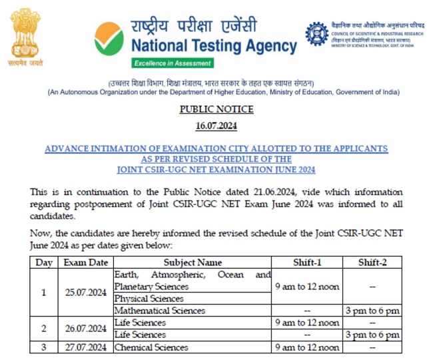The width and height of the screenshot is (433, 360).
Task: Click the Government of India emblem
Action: click(26, 33)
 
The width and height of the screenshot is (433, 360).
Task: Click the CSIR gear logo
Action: click(316, 33)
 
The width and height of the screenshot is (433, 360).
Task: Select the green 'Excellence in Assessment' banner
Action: click(173, 63)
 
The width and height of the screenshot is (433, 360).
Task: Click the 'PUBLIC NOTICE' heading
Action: click(217, 109)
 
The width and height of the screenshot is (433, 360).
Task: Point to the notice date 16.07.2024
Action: click(217, 125)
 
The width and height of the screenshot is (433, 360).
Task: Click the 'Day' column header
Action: click(44, 263)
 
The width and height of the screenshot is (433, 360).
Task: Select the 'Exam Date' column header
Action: click(85, 263)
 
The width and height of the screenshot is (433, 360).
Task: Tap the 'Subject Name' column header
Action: click(193, 263)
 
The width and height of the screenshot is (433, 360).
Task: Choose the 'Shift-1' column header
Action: click(307, 263)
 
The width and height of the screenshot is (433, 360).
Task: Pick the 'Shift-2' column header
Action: click(372, 263)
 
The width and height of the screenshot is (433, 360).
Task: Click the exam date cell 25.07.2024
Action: click(85, 292)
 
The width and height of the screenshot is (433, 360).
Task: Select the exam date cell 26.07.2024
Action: click(85, 329)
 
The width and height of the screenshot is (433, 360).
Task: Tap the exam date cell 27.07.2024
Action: click(85, 347)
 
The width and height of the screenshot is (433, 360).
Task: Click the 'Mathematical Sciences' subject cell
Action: click(160, 311)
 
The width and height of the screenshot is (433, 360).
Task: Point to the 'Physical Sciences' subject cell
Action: click(149, 299)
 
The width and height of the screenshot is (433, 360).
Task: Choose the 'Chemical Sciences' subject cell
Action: click(152, 347)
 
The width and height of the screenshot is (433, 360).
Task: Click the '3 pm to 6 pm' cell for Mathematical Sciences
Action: click(372, 311)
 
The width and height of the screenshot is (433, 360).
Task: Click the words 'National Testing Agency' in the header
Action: click(214, 46)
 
